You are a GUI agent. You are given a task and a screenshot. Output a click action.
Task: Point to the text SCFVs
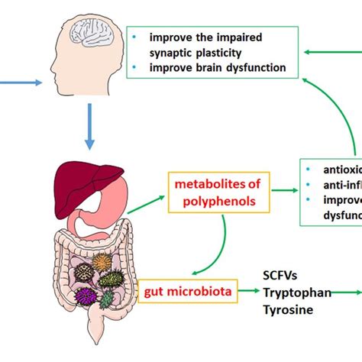point(282,274)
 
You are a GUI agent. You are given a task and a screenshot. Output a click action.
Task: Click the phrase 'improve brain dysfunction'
point(218,67)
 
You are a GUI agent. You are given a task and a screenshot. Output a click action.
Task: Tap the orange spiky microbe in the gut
point(102,261)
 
